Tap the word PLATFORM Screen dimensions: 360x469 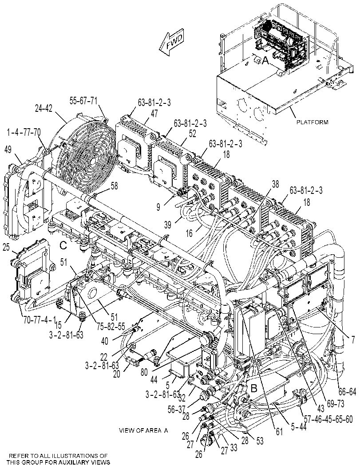(312, 122)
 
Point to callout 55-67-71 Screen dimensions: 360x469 (83, 100)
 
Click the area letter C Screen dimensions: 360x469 (63, 246)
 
